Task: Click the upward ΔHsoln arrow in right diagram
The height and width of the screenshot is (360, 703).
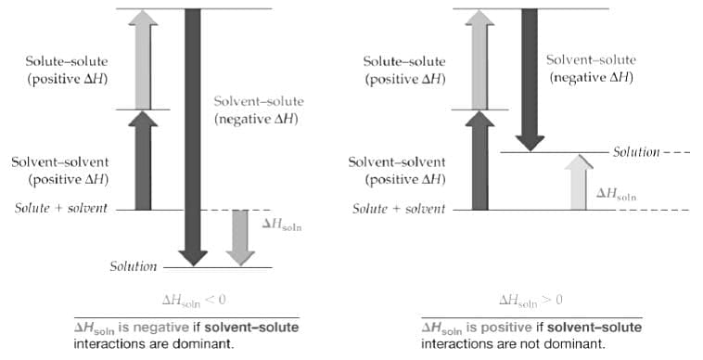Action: tap(578, 182)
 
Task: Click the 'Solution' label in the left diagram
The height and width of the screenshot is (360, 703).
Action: tap(133, 267)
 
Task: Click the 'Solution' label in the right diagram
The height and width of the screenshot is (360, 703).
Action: tap(636, 152)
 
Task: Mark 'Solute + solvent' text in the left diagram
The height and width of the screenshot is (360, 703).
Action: tap(60, 208)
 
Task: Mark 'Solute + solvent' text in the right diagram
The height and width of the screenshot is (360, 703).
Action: tap(398, 209)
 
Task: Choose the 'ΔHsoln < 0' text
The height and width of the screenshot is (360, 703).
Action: tap(194, 300)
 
